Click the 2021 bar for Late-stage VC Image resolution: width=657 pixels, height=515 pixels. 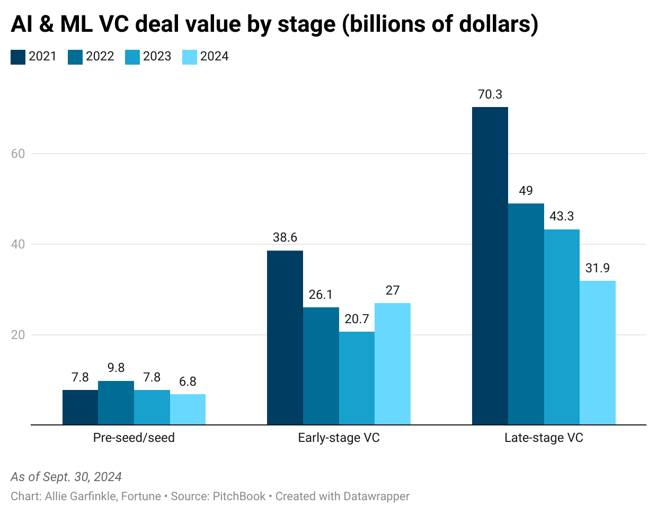pyautogui.click(x=490, y=265)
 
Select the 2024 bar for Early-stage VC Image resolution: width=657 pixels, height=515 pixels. pyautogui.click(x=392, y=363)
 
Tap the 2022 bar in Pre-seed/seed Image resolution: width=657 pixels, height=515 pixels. pyautogui.click(x=116, y=403)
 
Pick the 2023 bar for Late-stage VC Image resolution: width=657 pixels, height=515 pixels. pyautogui.click(x=562, y=327)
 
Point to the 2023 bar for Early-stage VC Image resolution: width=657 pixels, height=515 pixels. pyautogui.click(x=357, y=378)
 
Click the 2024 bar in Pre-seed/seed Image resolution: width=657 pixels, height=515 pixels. pyautogui.click(x=188, y=409)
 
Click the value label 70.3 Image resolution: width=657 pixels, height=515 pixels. pyautogui.click(x=490, y=94)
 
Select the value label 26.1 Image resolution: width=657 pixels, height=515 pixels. pyautogui.click(x=321, y=295)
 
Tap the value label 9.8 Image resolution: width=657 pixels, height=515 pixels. pyautogui.click(x=116, y=368)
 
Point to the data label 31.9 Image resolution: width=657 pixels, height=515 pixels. pyautogui.click(x=597, y=268)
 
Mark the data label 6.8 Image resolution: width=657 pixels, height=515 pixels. pyautogui.click(x=188, y=381)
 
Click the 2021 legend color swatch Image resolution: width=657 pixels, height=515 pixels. pyautogui.click(x=18, y=57)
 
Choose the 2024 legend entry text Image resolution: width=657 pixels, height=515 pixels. pyautogui.click(x=214, y=57)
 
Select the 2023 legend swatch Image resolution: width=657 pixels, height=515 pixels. pyautogui.click(x=132, y=57)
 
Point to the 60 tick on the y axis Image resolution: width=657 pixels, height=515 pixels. pyautogui.click(x=18, y=154)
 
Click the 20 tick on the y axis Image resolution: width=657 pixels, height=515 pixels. pyautogui.click(x=18, y=335)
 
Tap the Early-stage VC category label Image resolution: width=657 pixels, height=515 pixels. pyautogui.click(x=339, y=438)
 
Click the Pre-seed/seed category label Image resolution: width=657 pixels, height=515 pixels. pyautogui.click(x=134, y=438)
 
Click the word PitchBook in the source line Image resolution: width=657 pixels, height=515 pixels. pyautogui.click(x=239, y=496)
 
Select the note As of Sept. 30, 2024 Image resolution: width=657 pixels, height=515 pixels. pyautogui.click(x=66, y=477)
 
